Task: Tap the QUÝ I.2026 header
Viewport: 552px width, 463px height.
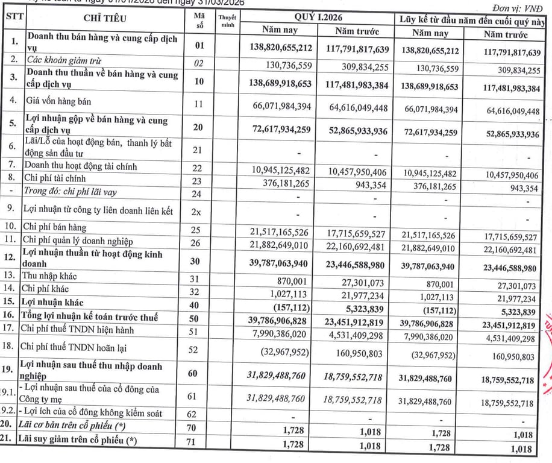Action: pyautogui.click(x=319, y=17)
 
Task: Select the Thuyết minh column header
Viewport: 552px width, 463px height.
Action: pyautogui.click(x=227, y=23)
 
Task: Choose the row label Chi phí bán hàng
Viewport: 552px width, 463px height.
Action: pyautogui.click(x=55, y=228)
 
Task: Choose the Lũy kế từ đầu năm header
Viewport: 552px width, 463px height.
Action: pyautogui.click(x=475, y=17)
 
